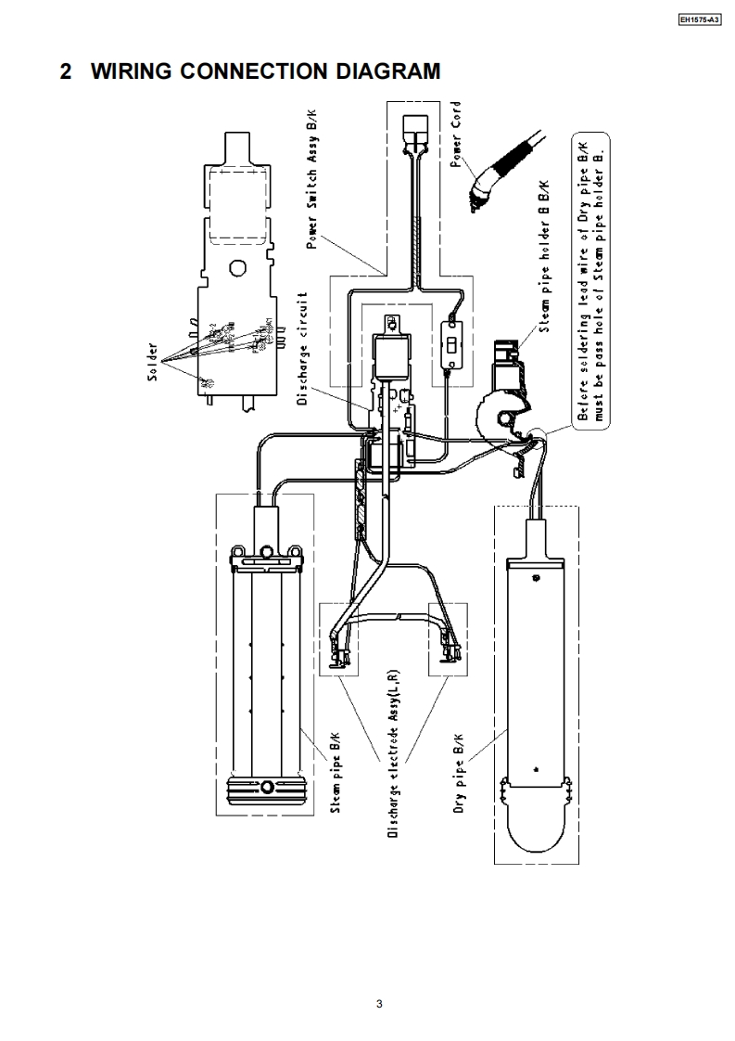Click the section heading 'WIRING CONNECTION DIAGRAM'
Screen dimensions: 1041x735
click(x=266, y=71)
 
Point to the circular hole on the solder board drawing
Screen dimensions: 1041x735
click(x=237, y=270)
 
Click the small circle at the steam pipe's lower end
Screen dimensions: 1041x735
click(x=267, y=788)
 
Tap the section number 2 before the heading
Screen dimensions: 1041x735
click(x=66, y=71)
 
